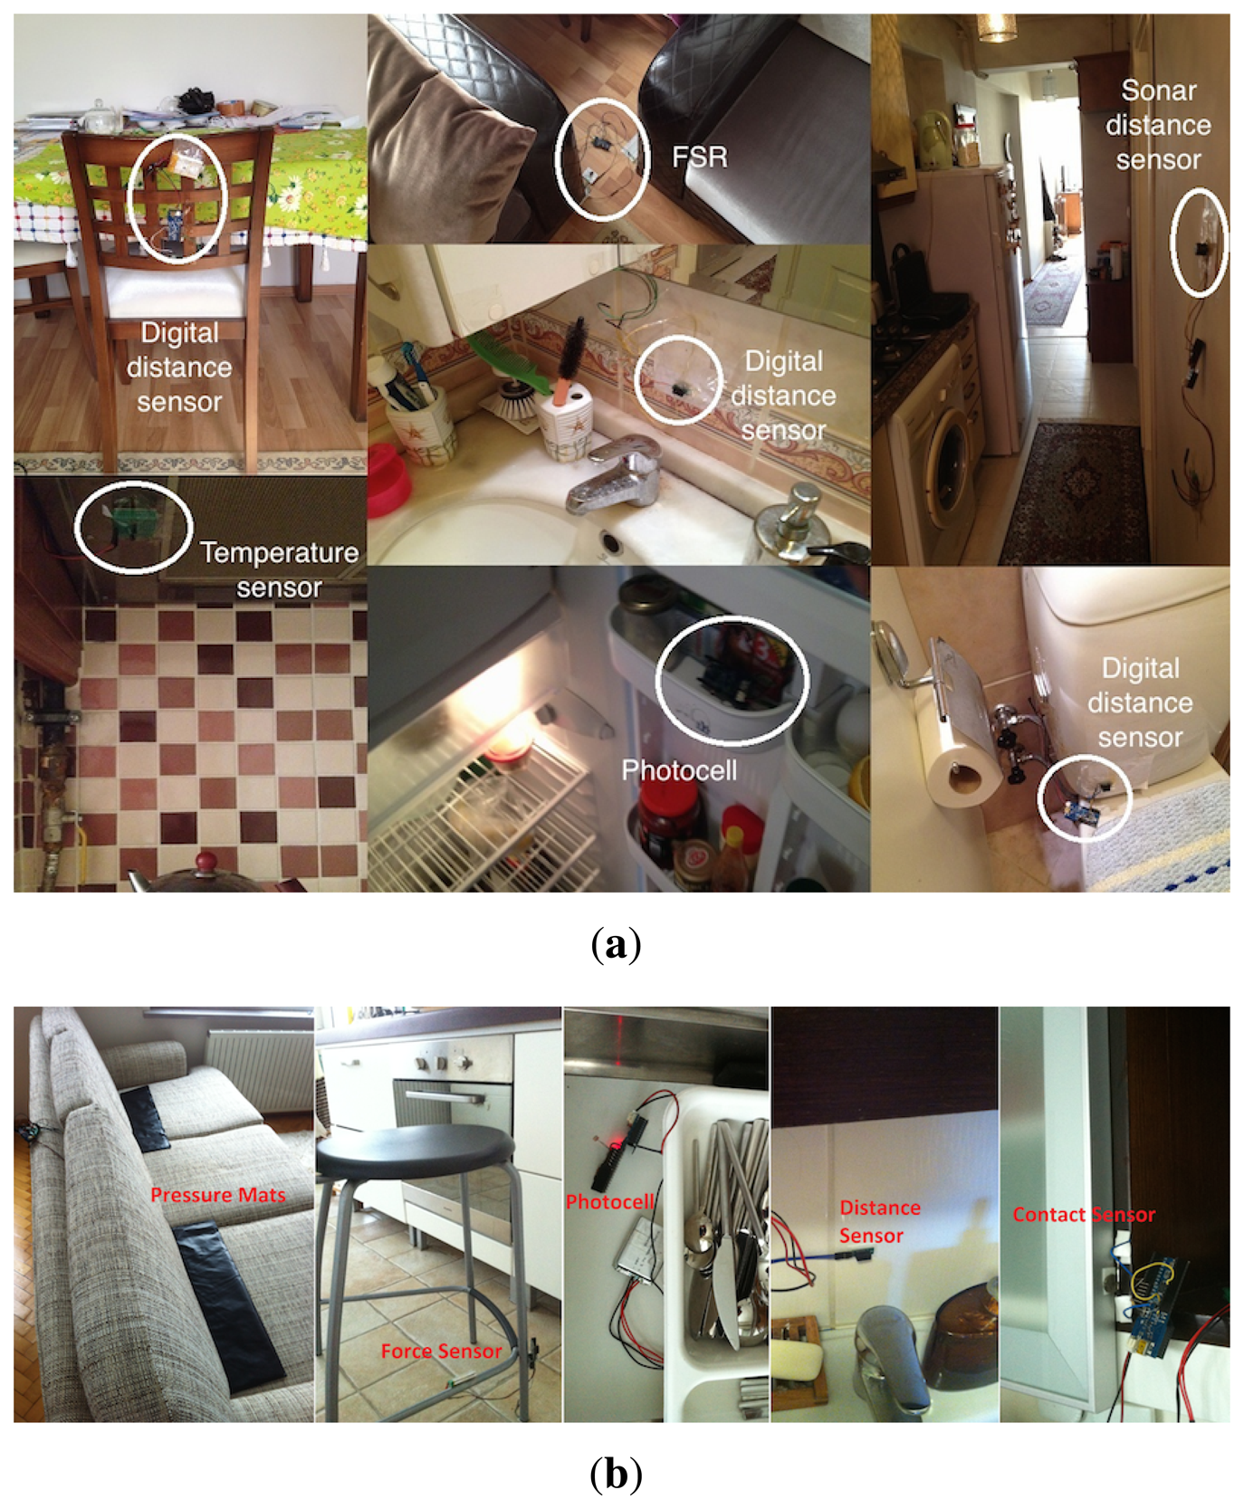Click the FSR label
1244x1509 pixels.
point(699,157)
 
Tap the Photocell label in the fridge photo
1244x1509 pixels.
point(679,770)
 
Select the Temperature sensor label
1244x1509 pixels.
point(279,569)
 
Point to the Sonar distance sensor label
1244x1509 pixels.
point(1158,125)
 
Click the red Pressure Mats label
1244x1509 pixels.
point(217,1195)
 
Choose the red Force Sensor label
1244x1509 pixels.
point(441,1351)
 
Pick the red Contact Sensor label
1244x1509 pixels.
point(1084,1215)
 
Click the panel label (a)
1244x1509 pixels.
point(616,945)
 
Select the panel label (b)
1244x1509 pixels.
point(616,1474)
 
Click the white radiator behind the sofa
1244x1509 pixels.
point(259,1070)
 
